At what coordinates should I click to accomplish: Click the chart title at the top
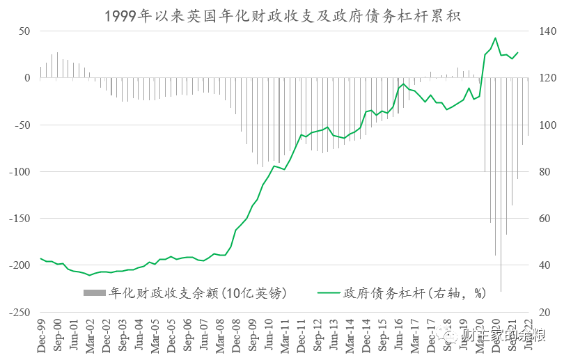[x=282, y=15]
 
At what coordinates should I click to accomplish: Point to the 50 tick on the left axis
[x=24, y=31]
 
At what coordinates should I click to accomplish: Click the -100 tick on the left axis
[x=21, y=172]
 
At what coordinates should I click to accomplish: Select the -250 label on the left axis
[x=21, y=313]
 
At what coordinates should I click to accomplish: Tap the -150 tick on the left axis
[x=21, y=219]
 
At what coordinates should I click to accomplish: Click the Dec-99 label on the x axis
[x=41, y=336]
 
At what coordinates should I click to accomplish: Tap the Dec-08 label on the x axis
[x=237, y=336]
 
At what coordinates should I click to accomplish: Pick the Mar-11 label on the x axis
[x=286, y=336]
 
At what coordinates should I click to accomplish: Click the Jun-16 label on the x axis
[x=400, y=336]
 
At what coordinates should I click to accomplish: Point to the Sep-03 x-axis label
[x=123, y=336]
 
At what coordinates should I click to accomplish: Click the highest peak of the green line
[x=495, y=38]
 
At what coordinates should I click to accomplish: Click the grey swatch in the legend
[x=95, y=292]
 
